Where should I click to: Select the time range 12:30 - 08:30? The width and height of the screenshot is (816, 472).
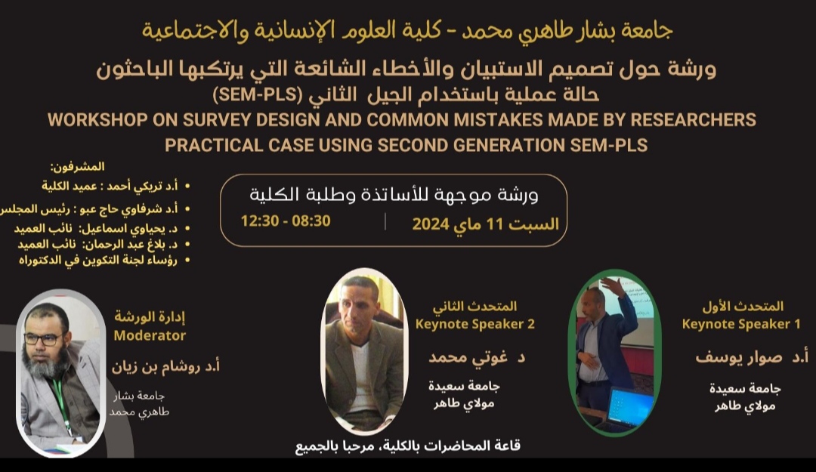[285, 221]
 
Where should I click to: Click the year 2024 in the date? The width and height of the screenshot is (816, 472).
[431, 224]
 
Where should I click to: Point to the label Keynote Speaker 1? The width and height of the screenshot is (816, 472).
[741, 324]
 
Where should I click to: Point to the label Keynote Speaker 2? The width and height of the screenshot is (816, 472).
[474, 324]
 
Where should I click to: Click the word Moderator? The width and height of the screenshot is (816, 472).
[150, 335]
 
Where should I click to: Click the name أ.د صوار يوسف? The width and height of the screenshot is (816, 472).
[752, 357]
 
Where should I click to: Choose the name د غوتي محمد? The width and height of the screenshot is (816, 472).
[477, 357]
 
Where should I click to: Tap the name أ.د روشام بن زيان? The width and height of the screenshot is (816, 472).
[165, 366]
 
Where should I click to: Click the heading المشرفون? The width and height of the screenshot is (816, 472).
[77, 167]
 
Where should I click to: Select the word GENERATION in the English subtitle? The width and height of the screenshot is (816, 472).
[509, 145]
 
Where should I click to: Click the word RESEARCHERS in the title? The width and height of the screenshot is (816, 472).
[693, 120]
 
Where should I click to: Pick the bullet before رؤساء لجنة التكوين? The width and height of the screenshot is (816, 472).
[187, 260]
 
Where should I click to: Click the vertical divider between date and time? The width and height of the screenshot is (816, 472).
[385, 222]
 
